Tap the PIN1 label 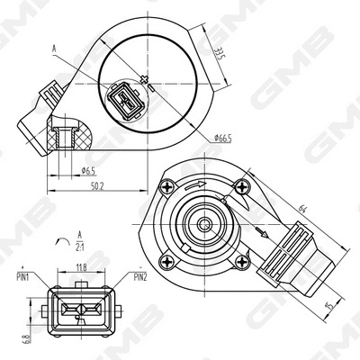pyautogui.click(x=24, y=276)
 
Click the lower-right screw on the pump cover pyautogui.click(x=240, y=260)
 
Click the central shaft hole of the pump pyautogui.click(x=205, y=222)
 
